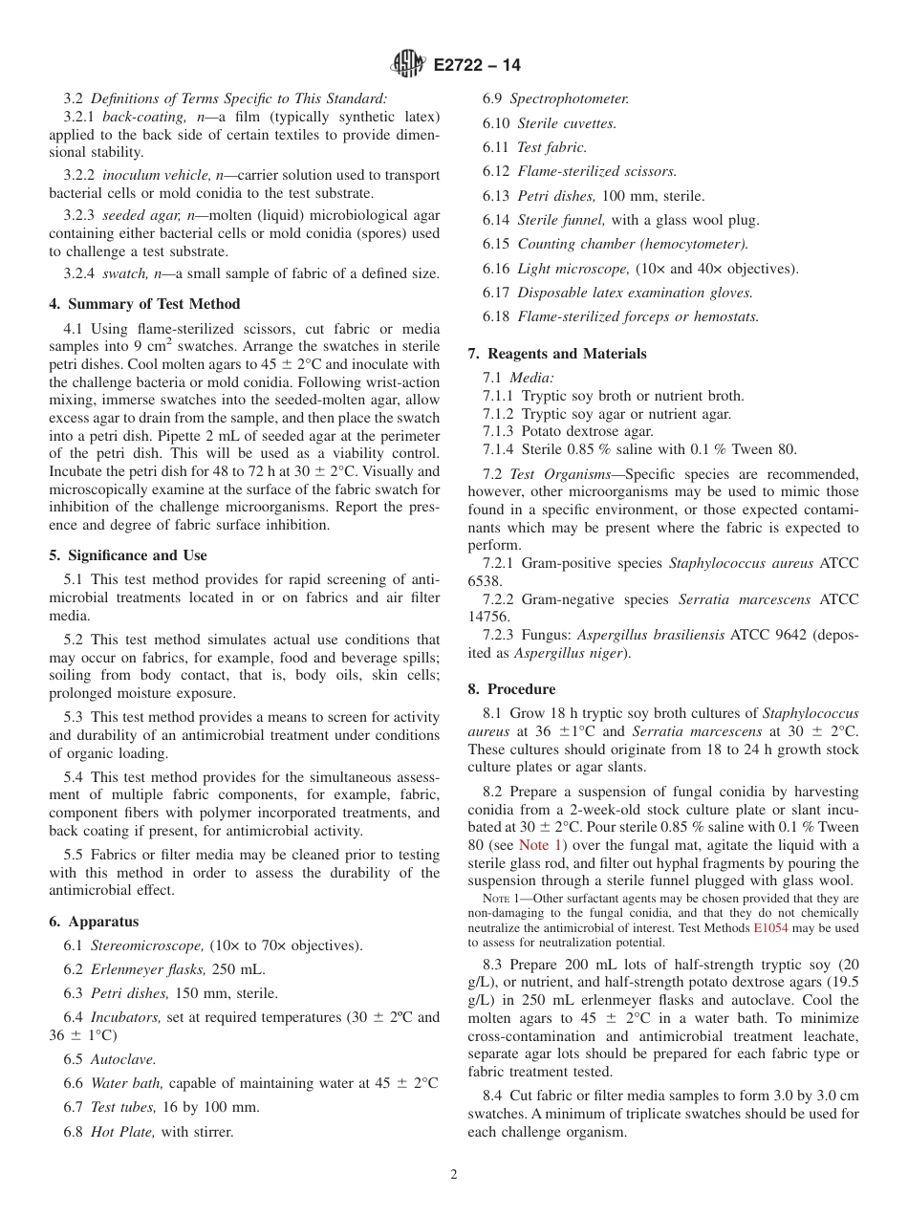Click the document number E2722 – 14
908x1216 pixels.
click(x=476, y=66)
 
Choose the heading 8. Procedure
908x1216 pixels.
click(x=511, y=689)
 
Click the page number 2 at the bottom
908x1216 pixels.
click(x=454, y=1175)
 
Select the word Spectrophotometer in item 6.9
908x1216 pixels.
click(x=569, y=98)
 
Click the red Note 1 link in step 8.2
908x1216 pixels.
click(x=540, y=845)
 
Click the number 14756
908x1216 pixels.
click(x=488, y=618)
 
